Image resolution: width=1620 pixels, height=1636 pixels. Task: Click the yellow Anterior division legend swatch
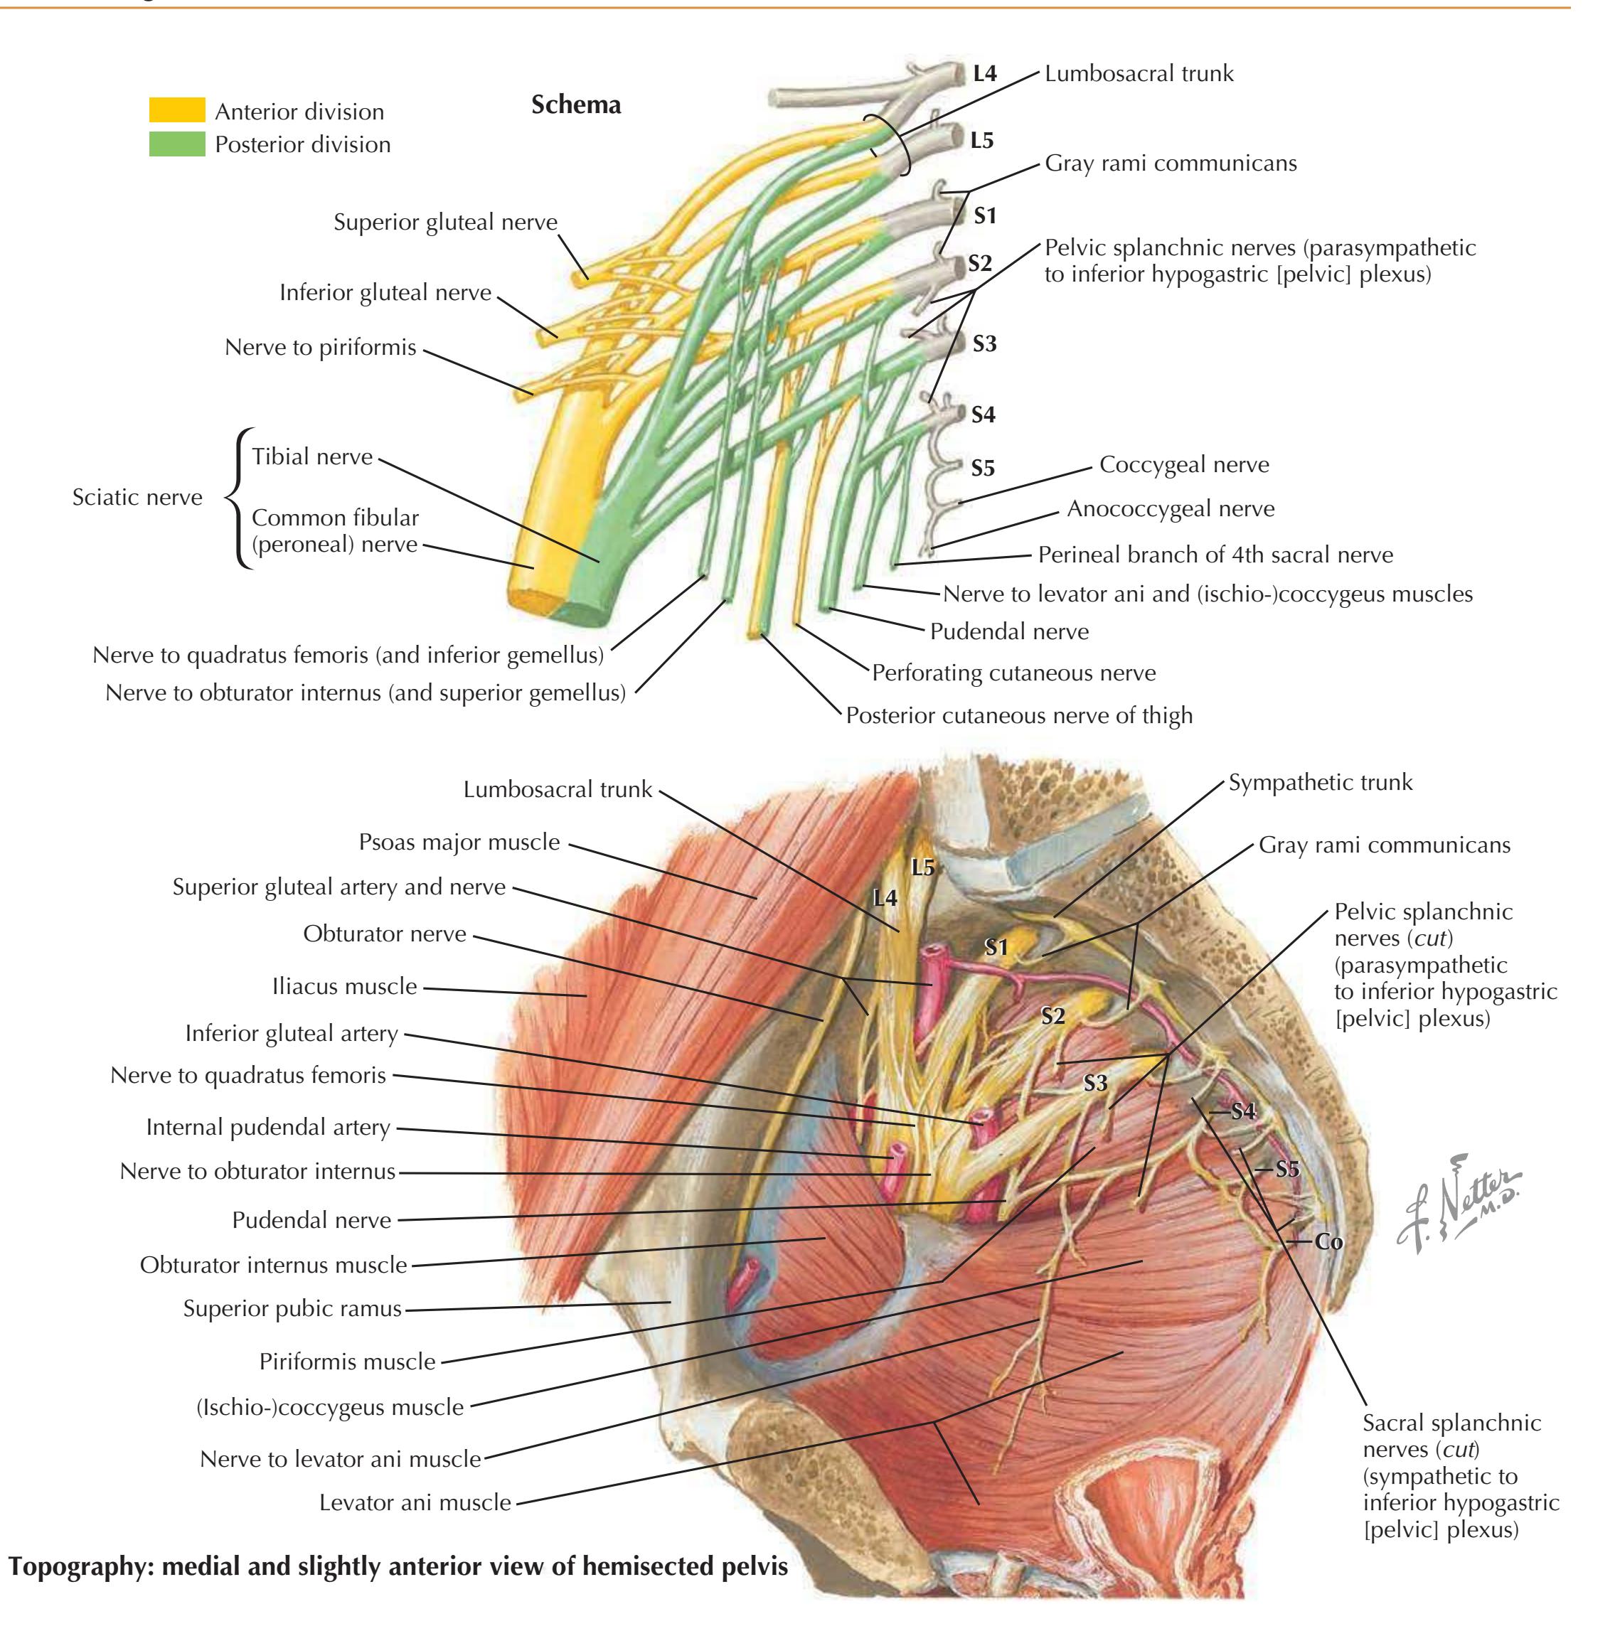(176, 110)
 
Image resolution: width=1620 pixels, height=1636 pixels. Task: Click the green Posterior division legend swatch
(176, 144)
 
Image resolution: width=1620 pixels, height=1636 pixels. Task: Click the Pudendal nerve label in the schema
(1008, 631)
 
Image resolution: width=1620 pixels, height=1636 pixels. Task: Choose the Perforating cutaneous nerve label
(1013, 673)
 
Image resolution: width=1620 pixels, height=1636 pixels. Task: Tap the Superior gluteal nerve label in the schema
(445, 222)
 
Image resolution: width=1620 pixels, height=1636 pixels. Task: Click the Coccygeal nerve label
(1183, 464)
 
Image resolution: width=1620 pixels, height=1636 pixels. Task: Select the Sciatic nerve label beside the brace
(137, 497)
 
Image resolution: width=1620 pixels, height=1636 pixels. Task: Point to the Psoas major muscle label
(459, 842)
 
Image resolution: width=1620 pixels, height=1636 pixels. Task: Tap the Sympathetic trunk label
(1319, 781)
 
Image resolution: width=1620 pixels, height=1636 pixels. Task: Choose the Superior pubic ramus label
(292, 1308)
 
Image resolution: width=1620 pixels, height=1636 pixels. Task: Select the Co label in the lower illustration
(1328, 1241)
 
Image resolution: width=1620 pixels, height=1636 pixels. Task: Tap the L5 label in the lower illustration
(922, 867)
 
